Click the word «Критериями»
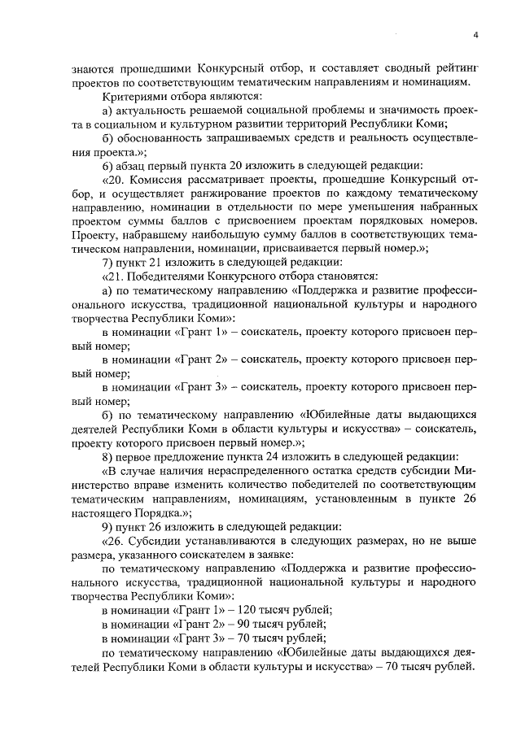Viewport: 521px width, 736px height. click(129, 96)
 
